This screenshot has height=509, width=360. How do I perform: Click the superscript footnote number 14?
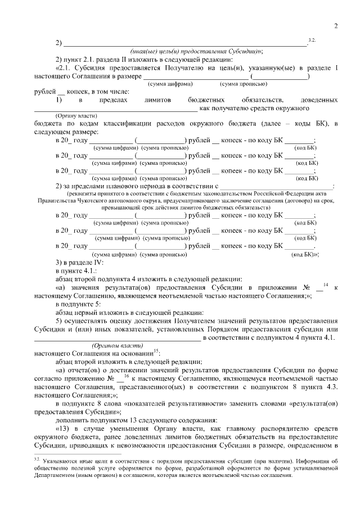pyautogui.click(x=326, y=285)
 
